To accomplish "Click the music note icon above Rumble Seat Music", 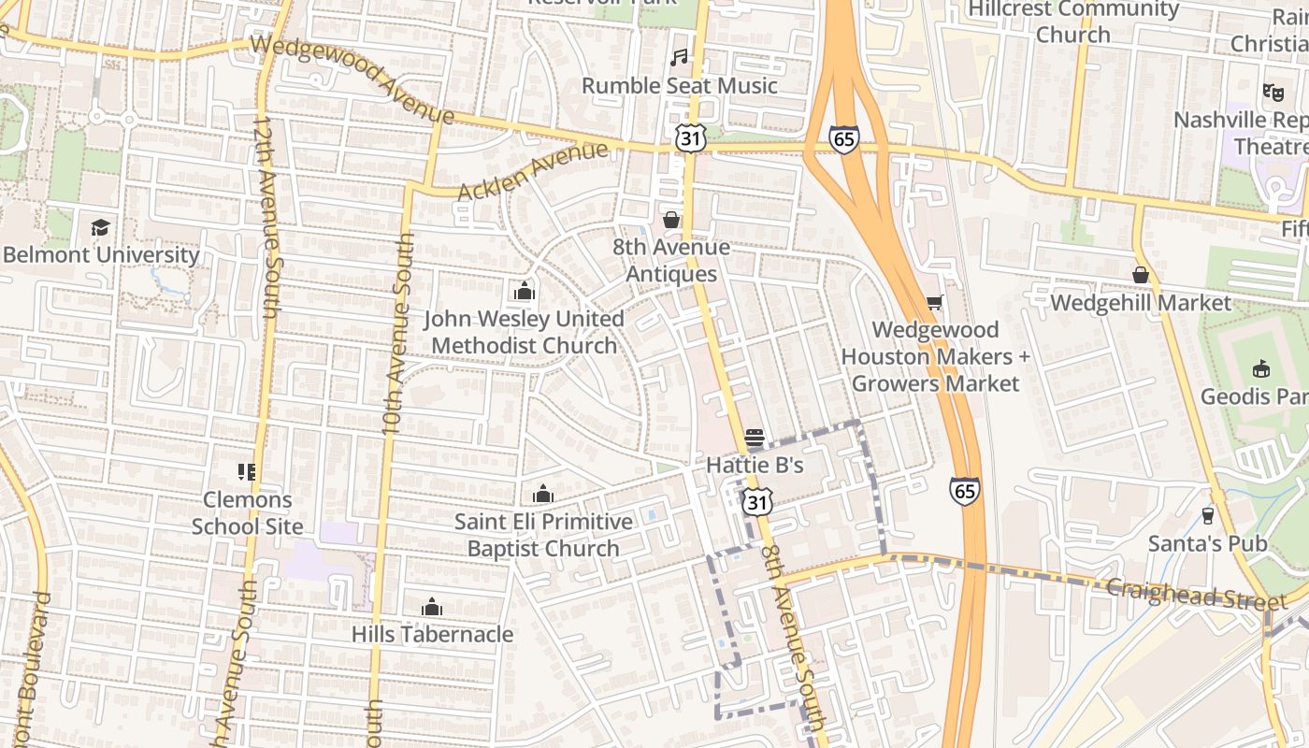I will pos(680,58).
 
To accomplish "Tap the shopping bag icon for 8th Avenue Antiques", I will pos(671,220).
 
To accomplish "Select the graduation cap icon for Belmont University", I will pos(100,227).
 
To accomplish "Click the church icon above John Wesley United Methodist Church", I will pos(525,292).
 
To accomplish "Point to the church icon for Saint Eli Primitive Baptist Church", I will pos(542,494).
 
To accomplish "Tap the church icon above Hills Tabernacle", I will pos(432,607).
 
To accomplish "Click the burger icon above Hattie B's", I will pos(755,438).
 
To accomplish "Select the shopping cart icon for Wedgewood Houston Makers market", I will pos(934,302).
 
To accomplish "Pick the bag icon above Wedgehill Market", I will pos(1140,275).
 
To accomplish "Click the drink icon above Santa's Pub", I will pos(1207,515).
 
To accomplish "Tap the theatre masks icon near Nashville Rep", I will pos(1272,92).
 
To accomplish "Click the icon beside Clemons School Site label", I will pos(247,472).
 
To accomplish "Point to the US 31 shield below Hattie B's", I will pos(758,501).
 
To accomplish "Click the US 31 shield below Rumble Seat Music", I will pos(689,138).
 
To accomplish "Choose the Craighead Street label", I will pos(1183,593).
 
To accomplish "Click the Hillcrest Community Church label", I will pos(1073,22).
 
